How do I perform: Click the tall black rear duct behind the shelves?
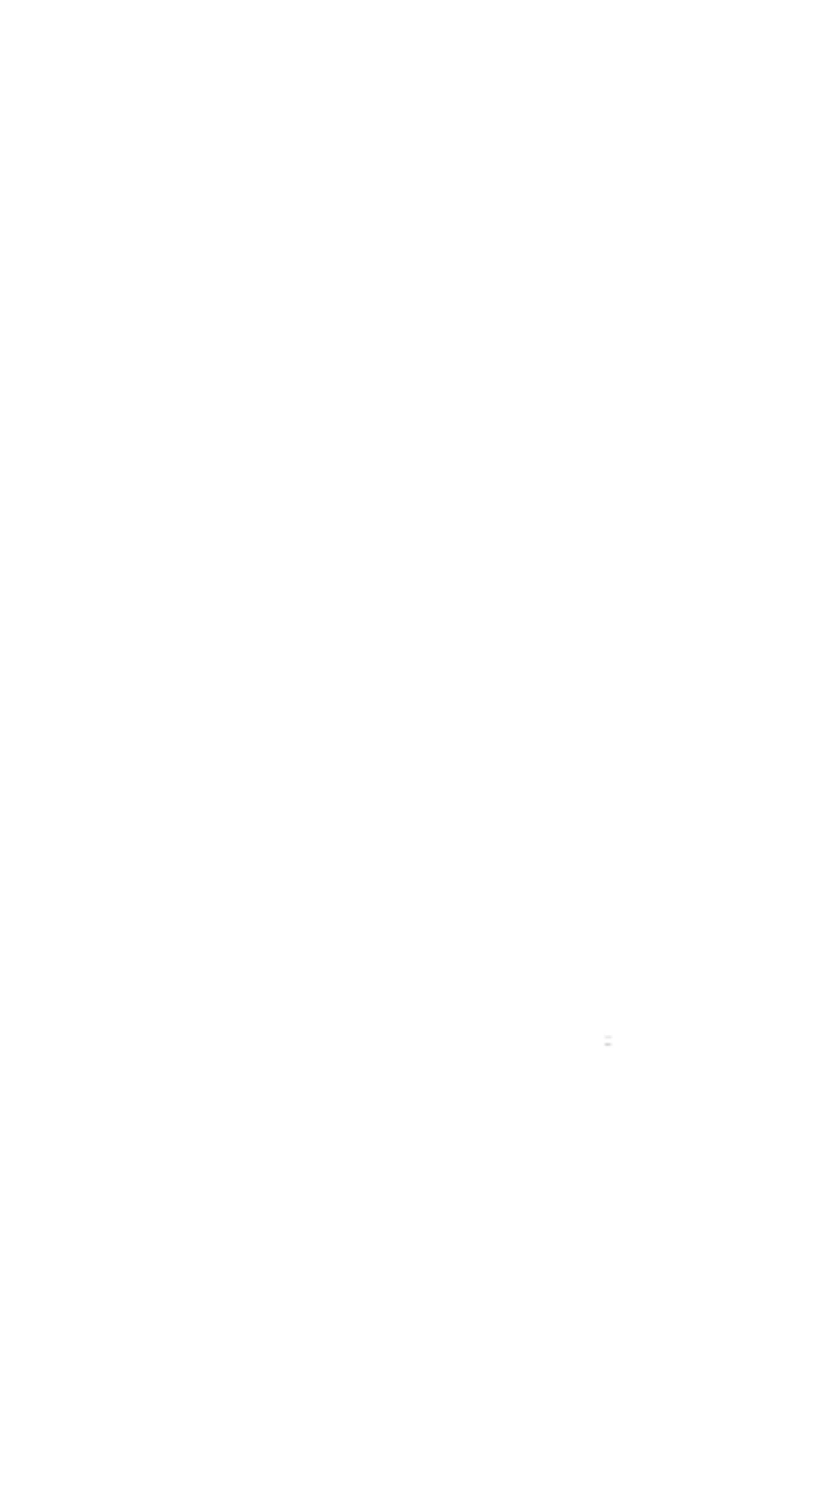click(x=213, y=651)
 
